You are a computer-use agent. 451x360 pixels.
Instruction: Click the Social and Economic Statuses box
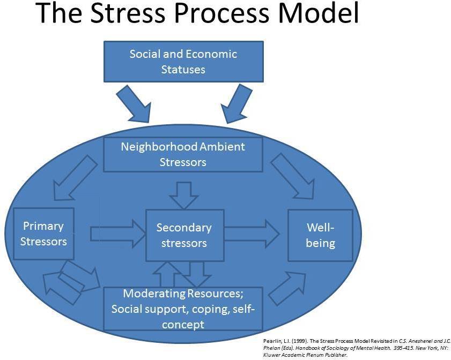(183, 62)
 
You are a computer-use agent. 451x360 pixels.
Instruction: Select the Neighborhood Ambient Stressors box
(183, 154)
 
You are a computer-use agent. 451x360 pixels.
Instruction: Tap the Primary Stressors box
(43, 234)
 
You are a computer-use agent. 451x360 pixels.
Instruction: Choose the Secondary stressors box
(184, 235)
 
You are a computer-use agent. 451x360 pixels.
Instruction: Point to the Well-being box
(320, 235)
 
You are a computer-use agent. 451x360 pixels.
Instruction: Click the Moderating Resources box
(183, 309)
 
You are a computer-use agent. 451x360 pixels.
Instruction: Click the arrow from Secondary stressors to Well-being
(251, 233)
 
